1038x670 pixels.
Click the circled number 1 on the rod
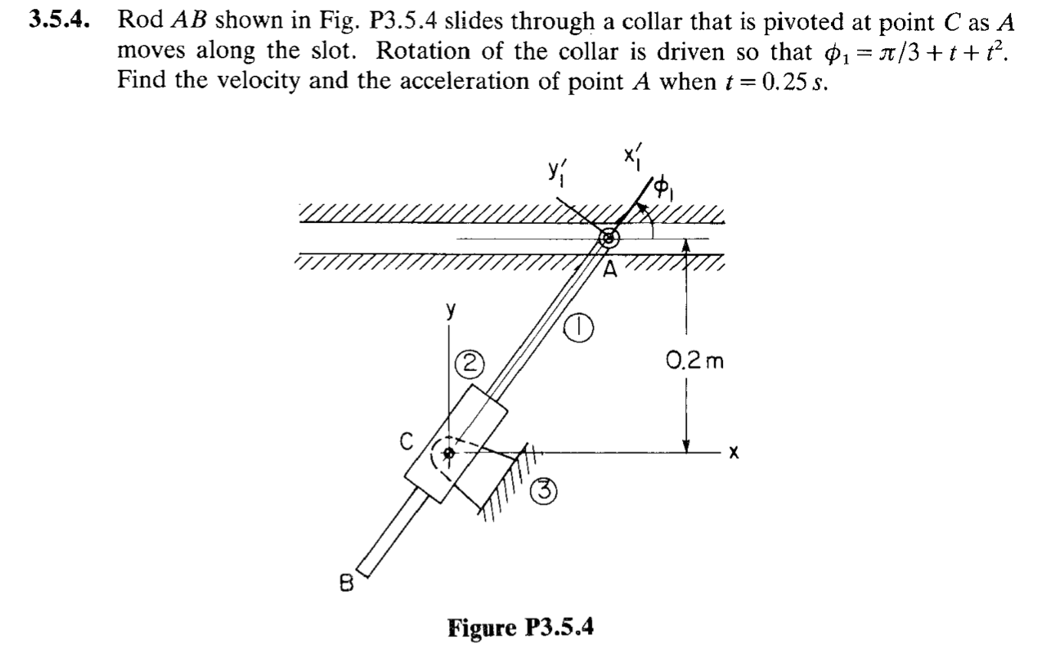pos(580,330)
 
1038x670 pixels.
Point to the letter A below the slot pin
pos(610,269)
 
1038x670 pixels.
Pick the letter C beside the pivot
pos(406,442)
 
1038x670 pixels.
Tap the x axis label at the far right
pos(734,454)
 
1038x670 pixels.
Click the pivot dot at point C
pos(450,453)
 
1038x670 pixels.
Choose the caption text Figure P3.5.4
pos(521,628)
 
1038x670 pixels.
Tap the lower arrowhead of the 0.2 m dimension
pos(687,445)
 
